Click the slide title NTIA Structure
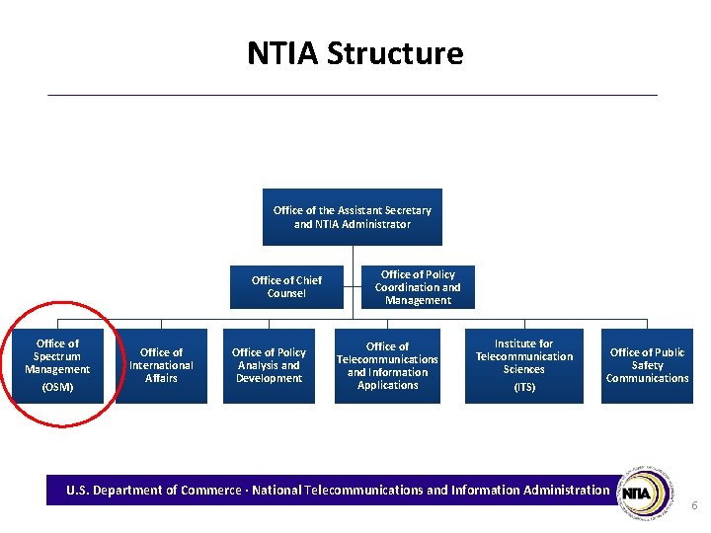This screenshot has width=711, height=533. point(355,53)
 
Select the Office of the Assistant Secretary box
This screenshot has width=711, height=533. point(353,217)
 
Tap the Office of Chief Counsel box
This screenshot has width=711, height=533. point(286,286)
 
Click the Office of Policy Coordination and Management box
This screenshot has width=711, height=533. point(418,287)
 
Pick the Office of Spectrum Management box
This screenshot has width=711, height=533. point(57,366)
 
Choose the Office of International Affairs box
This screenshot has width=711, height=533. point(161,365)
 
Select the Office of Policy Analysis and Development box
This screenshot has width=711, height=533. point(269,365)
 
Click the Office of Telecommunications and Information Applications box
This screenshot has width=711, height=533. point(387,366)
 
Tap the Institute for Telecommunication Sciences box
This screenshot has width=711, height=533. point(523,366)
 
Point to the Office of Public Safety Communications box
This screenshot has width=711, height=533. point(647,365)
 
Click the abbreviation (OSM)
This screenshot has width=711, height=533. point(57,387)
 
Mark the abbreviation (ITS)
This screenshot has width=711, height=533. point(524,387)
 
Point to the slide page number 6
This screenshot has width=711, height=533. point(694,505)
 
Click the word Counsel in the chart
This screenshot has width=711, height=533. point(286,293)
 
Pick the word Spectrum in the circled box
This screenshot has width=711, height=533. point(57,356)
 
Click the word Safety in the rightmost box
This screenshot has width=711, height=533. point(648,365)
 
